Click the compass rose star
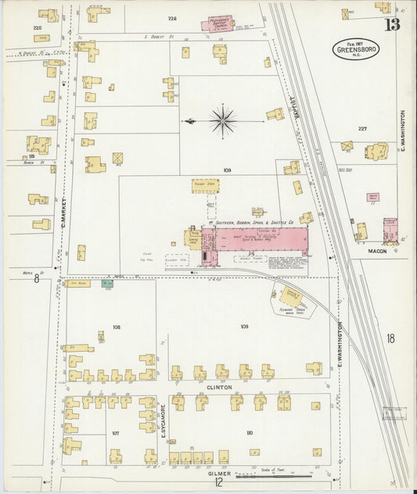click(x=223, y=121)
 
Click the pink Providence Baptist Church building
click(x=225, y=25)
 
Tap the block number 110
click(x=250, y=432)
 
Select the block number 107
click(x=115, y=432)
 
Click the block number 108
click(x=117, y=327)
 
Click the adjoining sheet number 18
click(x=390, y=338)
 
